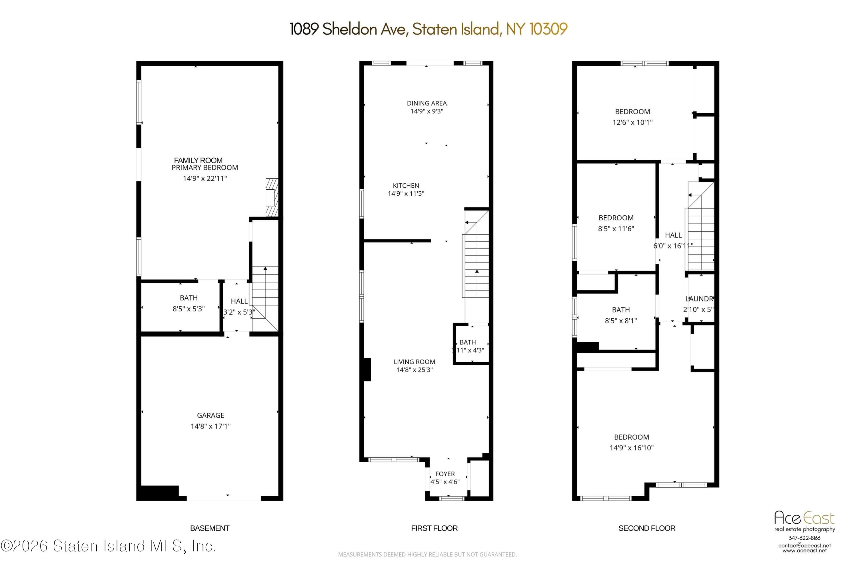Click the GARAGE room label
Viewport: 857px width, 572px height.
coord(211,415)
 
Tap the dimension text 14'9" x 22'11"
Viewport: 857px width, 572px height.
coord(205,178)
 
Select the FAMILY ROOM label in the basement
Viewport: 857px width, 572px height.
coord(198,160)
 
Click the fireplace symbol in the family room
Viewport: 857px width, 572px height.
coord(272,197)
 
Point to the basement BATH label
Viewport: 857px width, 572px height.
coord(189,298)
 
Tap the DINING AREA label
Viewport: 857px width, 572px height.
coord(427,103)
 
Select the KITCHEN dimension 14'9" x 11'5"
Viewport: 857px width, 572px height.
coord(406,194)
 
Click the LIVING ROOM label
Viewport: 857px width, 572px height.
coord(414,362)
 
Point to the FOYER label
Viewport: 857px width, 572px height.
coord(445,474)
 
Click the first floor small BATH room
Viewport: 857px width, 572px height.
coord(471,345)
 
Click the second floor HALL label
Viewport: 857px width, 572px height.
coord(673,235)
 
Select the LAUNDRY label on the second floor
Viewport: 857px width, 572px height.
coord(699,299)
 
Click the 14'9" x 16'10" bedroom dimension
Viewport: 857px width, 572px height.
coord(631,448)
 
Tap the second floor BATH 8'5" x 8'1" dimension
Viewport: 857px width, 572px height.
coord(621,321)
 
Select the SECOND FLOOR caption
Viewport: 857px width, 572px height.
coord(647,528)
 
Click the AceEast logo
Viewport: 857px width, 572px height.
coord(804,518)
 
